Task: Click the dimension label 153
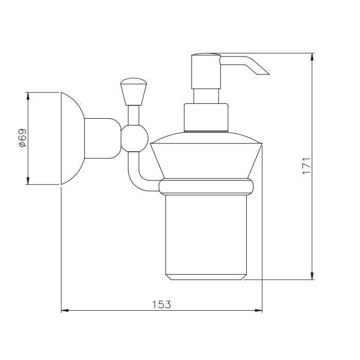click(x=161, y=304)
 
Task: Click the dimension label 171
click(x=307, y=166)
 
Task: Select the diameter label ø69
click(x=23, y=138)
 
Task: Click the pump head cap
click(x=206, y=71)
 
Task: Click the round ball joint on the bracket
click(x=135, y=138)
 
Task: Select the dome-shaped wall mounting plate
click(x=73, y=138)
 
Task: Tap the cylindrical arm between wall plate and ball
click(x=103, y=138)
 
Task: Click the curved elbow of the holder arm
click(x=134, y=182)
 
